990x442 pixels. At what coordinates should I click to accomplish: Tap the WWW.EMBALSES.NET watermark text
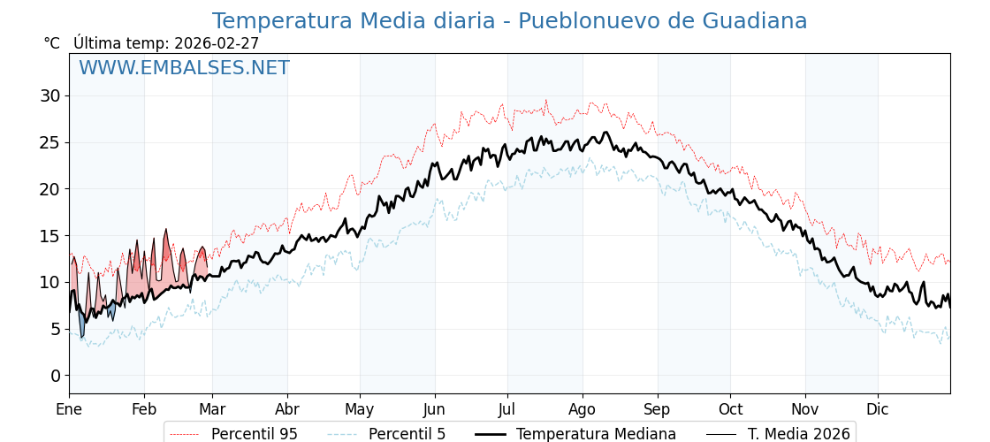pyautogui.click(x=184, y=68)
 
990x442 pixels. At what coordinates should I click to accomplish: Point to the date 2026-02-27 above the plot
pyautogui.click(x=217, y=43)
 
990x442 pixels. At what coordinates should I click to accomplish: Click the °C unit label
pyautogui.click(x=52, y=43)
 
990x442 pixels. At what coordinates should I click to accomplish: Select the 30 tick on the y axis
pyautogui.click(x=49, y=95)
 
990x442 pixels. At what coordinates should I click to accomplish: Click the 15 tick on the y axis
pyautogui.click(x=49, y=236)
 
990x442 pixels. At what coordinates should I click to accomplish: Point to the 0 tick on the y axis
pyautogui.click(x=55, y=376)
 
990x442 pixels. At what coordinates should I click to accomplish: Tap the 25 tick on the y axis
pyautogui.click(x=49, y=142)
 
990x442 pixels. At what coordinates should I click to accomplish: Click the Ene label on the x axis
pyautogui.click(x=69, y=409)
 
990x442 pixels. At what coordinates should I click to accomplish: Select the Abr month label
pyautogui.click(x=287, y=409)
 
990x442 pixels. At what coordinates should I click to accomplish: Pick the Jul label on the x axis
pyautogui.click(x=507, y=409)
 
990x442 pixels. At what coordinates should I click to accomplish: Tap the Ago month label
pyautogui.click(x=583, y=409)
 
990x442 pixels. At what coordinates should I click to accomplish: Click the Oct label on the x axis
pyautogui.click(x=730, y=409)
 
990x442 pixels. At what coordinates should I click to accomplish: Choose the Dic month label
pyautogui.click(x=878, y=409)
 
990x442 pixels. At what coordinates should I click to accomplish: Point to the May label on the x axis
pyautogui.click(x=360, y=409)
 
